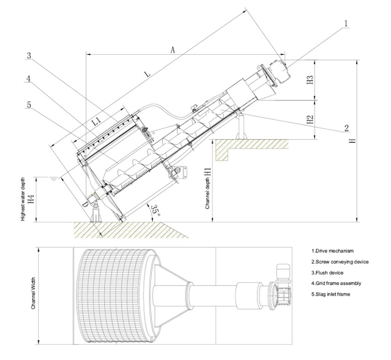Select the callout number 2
(347, 127)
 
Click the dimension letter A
(173, 50)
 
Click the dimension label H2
(310, 120)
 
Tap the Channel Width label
(33, 296)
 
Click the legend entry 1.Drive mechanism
(332, 251)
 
